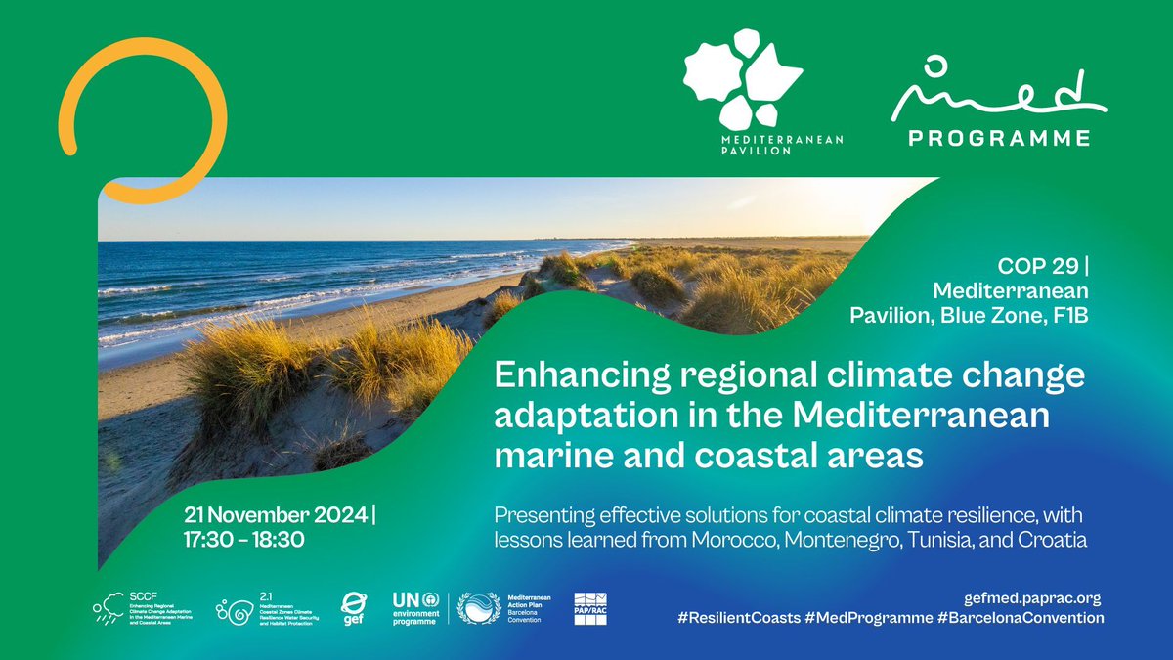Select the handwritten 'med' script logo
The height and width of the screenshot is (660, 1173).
point(997,94)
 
